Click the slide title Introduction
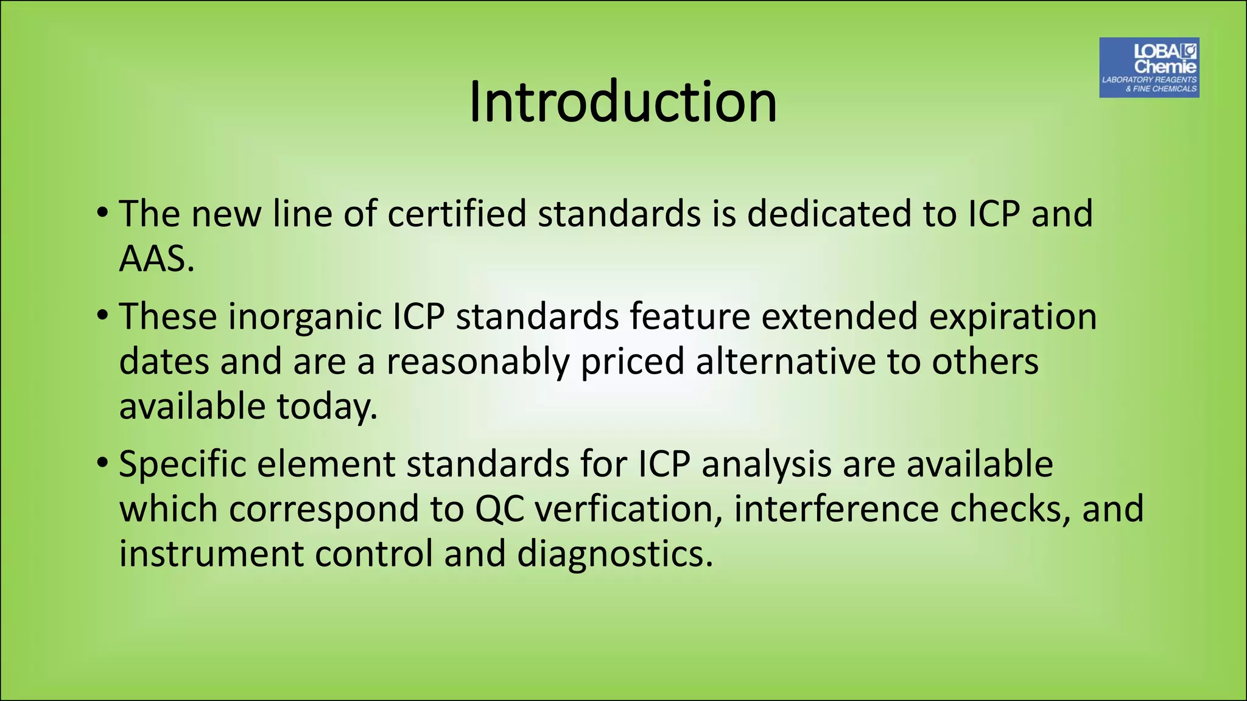[x=622, y=102]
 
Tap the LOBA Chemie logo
[x=1149, y=68]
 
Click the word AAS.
[x=156, y=259]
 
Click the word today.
[x=327, y=407]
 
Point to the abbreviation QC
[x=499, y=510]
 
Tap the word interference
[x=836, y=509]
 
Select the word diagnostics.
[x=614, y=554]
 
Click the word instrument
[x=211, y=554]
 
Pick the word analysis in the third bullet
[x=766, y=466]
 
